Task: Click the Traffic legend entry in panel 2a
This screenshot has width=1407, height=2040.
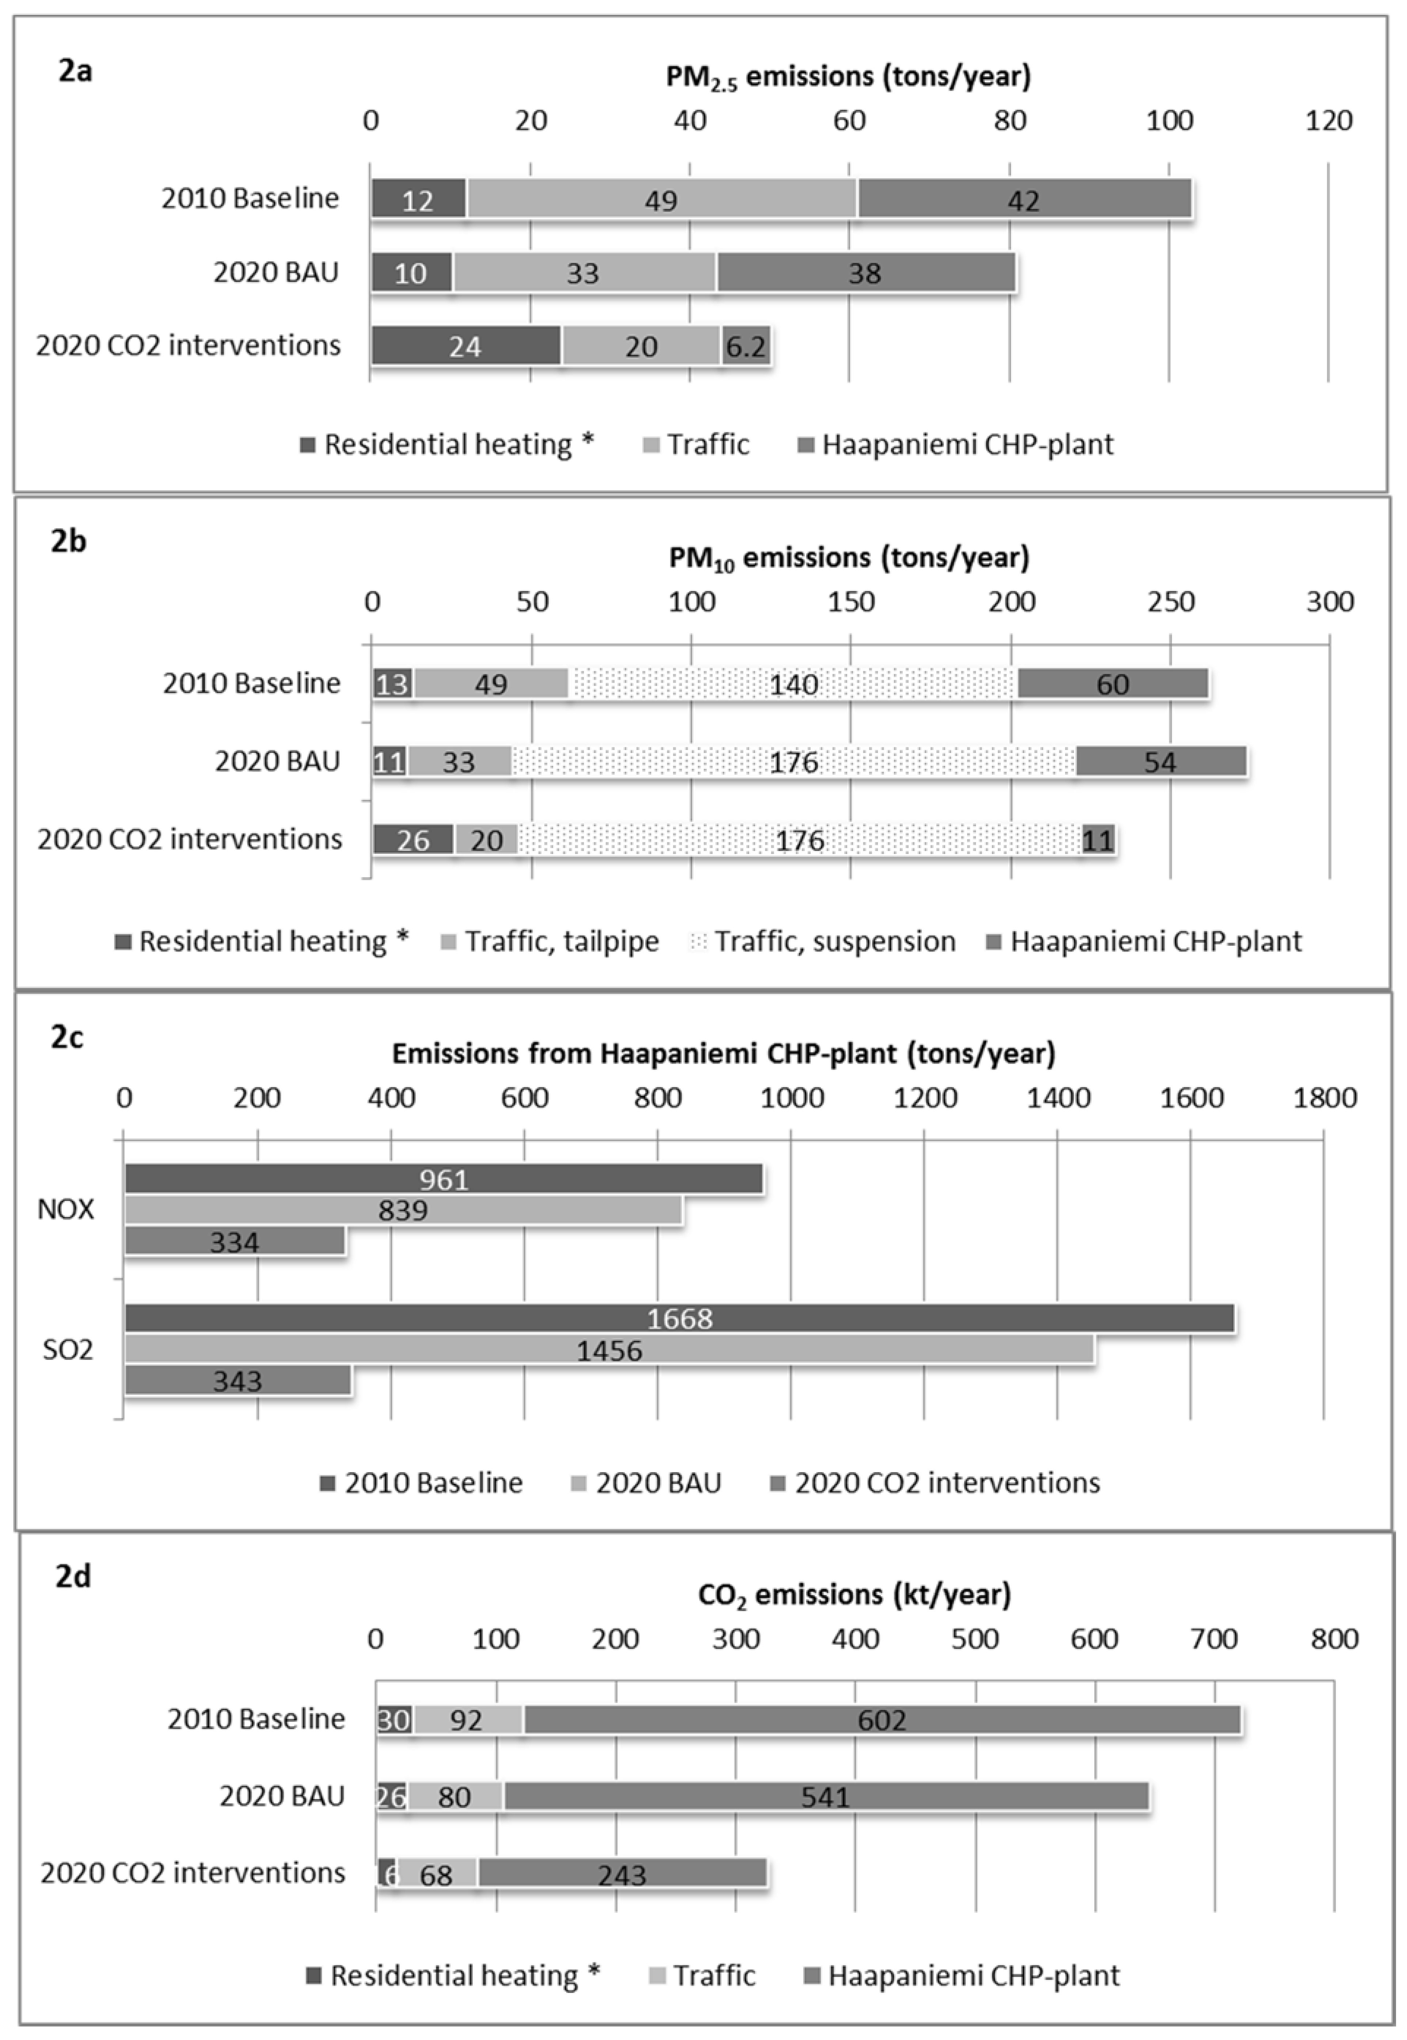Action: pos(697,444)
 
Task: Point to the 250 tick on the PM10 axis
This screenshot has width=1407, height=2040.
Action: pos(1171,602)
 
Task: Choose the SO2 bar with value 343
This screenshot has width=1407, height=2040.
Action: pos(238,1381)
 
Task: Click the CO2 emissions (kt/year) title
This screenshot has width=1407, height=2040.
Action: pos(853,1594)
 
